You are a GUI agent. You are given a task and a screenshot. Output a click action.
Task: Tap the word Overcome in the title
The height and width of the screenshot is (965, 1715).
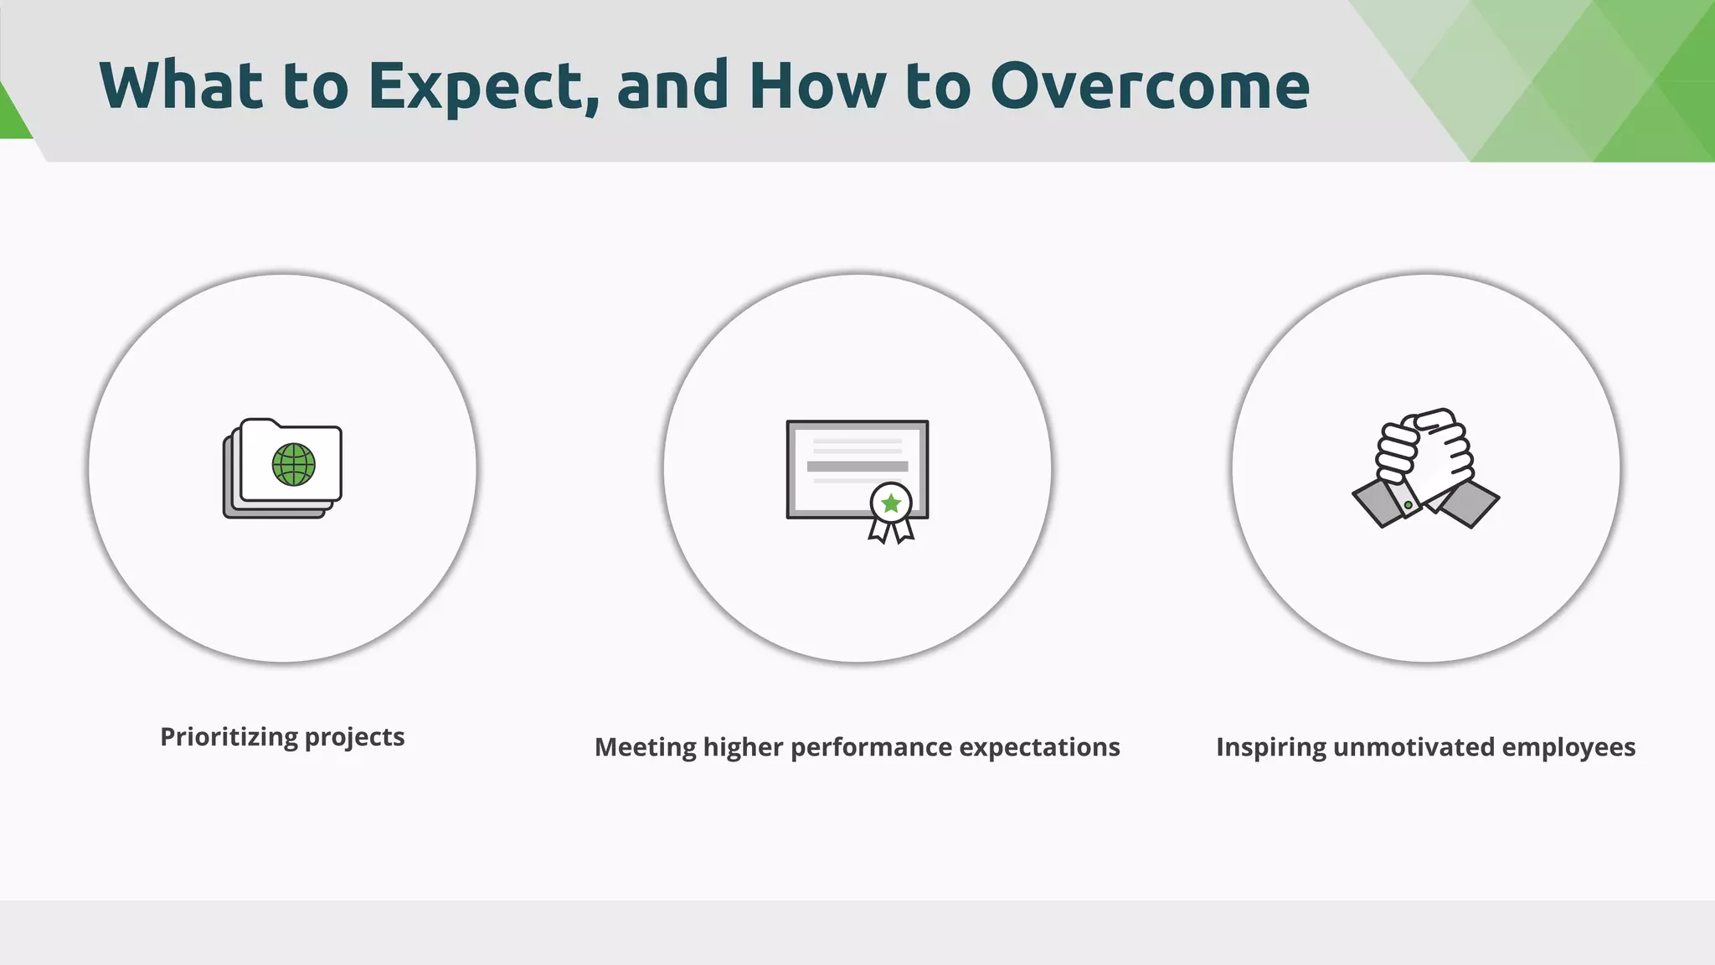1150,86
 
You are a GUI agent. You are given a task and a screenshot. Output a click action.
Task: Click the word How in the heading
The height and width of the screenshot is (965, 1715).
816,86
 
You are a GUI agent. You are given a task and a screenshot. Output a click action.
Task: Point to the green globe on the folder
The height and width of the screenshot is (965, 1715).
294,465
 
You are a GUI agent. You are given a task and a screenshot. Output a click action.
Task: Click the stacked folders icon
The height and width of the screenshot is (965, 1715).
282,468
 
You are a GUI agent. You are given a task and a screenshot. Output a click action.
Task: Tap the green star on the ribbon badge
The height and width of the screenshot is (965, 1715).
891,503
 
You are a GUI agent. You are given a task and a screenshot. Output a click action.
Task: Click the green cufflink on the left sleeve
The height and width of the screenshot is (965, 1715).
1409,505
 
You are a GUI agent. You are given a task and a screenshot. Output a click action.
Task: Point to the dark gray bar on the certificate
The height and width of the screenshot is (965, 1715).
857,467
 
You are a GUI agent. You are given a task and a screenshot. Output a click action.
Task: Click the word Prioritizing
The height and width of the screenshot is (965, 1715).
229,737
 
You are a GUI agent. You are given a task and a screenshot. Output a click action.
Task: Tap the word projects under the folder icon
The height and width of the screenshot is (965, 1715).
355,737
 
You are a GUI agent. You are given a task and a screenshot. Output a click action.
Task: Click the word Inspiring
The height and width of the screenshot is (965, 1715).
1270,747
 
